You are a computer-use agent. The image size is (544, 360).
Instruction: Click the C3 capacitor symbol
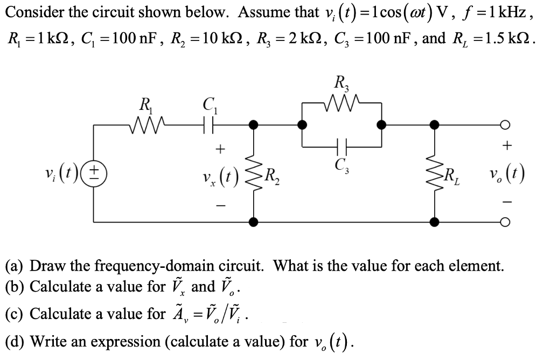coord(342,146)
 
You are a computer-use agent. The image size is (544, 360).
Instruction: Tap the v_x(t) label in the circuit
coord(221,174)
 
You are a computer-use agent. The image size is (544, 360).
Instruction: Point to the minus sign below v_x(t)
coord(220,204)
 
